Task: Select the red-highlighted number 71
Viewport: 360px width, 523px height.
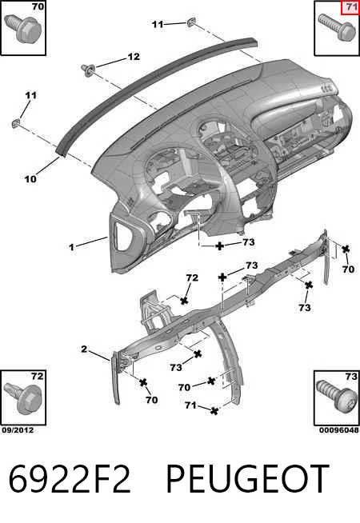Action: pos(350,7)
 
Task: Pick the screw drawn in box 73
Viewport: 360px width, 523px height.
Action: pos(336,399)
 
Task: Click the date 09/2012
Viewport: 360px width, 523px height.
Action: pos(18,430)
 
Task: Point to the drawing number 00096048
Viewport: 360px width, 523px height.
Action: pos(339,430)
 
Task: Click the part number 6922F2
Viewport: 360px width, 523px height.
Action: pos(70,479)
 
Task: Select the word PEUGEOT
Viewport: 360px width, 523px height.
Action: pos(247,479)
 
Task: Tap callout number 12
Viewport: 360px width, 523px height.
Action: pos(134,57)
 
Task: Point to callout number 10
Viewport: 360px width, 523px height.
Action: pos(30,179)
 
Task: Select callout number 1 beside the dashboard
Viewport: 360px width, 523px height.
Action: pos(71,247)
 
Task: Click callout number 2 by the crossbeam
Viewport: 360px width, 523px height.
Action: pos(84,349)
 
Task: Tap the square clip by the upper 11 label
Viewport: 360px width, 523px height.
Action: pos(191,22)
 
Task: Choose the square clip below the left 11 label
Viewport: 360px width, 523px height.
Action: pos(16,124)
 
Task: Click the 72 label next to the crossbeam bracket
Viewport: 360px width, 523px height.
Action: pos(192,277)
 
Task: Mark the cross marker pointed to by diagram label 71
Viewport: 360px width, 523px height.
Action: pos(215,410)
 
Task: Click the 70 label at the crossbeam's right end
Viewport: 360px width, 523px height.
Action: pos(348,269)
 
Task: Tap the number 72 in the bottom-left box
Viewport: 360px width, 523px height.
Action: pos(38,376)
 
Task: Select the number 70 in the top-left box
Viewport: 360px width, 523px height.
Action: pos(38,6)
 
